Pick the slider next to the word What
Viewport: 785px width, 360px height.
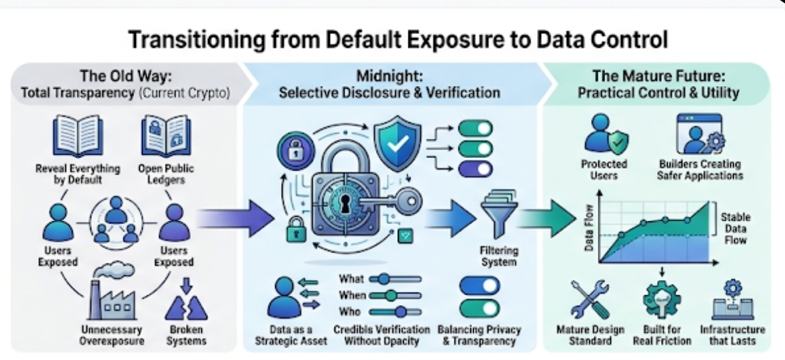click(x=394, y=279)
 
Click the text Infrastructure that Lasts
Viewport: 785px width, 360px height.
click(x=732, y=335)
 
